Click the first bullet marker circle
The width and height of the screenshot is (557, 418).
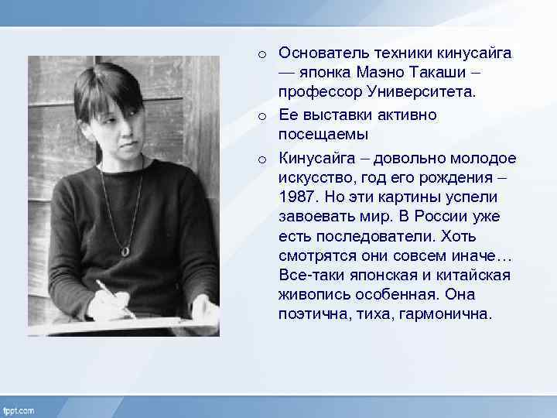263,54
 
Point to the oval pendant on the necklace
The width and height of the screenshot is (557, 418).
125,250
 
